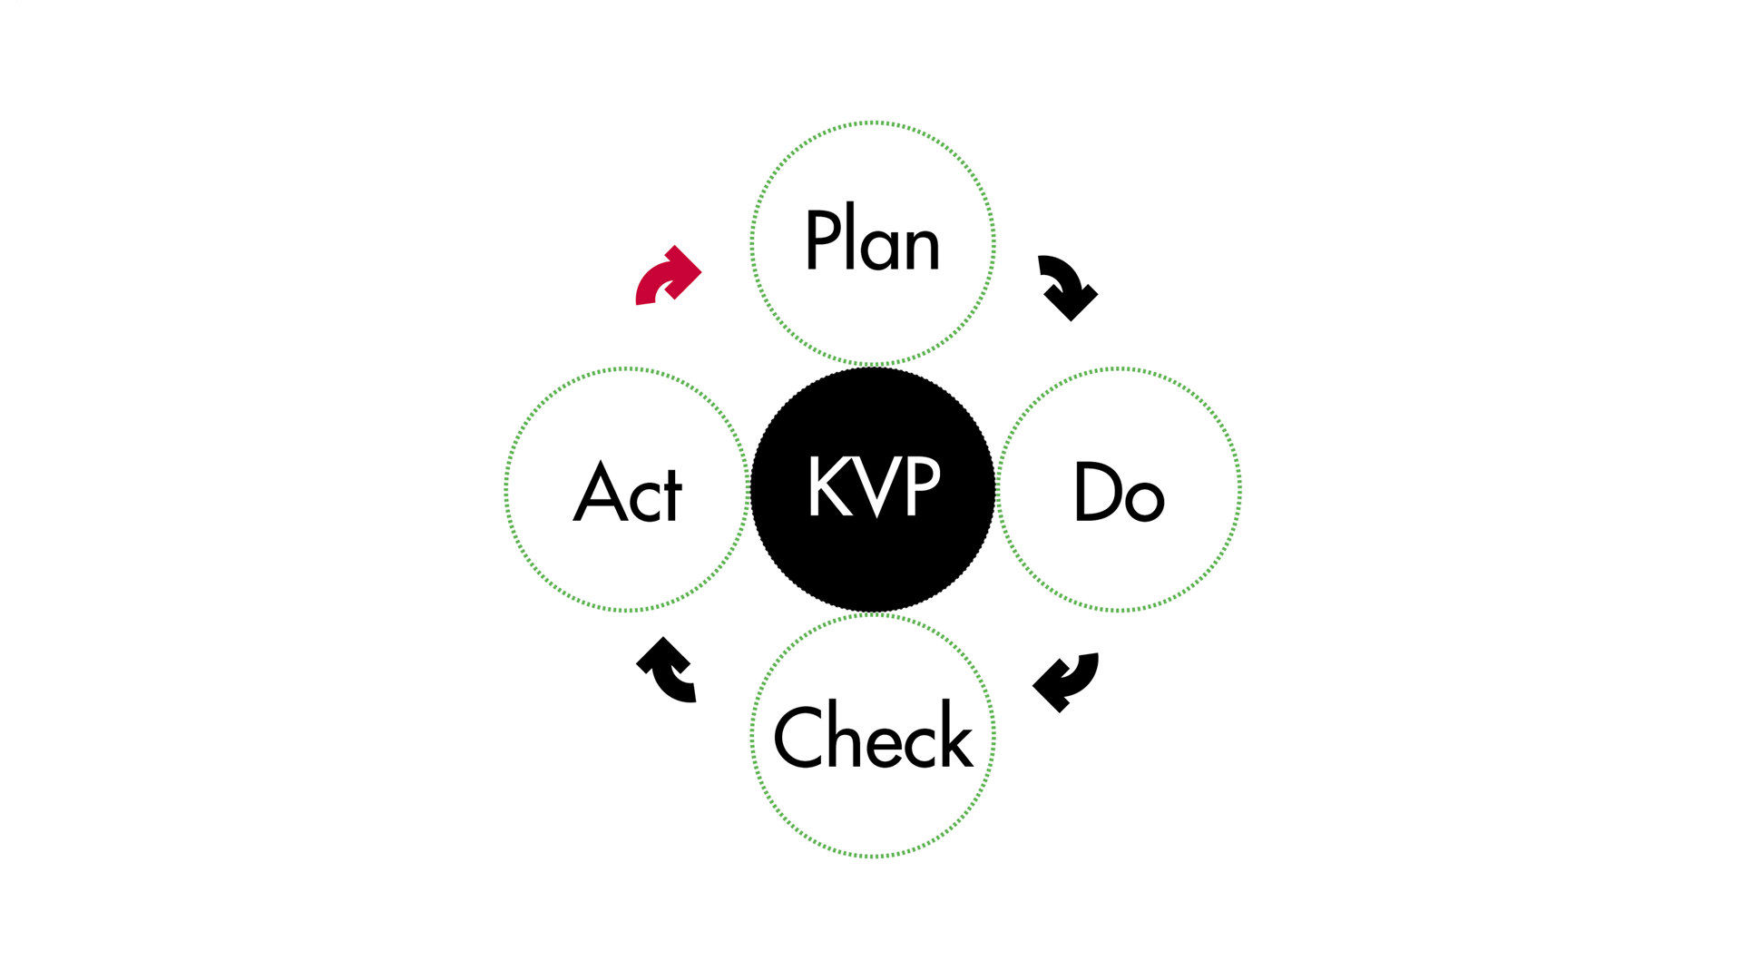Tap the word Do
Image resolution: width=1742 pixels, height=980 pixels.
tap(1119, 492)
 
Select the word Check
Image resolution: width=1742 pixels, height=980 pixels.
tap(873, 736)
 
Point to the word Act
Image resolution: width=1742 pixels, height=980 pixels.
tap(628, 492)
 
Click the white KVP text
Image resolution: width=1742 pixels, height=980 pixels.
tap(874, 486)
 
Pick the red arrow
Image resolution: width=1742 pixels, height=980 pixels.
tap(668, 276)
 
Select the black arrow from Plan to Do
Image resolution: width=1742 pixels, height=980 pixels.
tap(1069, 287)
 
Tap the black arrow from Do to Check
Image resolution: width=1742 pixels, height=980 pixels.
tap(1067, 681)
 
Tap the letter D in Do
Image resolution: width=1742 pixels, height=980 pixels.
tap(1094, 491)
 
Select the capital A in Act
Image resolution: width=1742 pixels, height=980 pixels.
tap(600, 492)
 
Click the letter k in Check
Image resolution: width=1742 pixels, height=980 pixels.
tap(955, 736)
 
